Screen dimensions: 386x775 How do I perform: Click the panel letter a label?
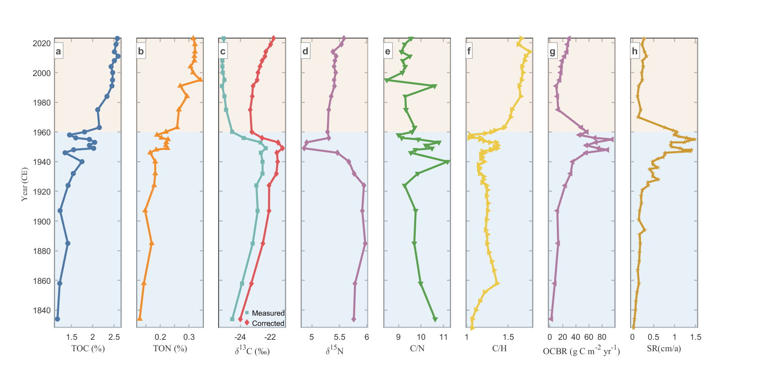point(59,51)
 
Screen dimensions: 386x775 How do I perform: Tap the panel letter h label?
point(635,51)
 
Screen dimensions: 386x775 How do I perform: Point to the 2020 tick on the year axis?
point(42,43)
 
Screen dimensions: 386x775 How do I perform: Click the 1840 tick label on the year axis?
point(42,310)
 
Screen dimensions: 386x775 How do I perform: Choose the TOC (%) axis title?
point(88,348)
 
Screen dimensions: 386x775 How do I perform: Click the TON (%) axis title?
point(170,348)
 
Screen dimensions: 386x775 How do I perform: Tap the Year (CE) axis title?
point(25,184)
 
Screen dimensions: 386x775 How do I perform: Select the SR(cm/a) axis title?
point(664,348)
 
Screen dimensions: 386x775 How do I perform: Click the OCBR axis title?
point(581,351)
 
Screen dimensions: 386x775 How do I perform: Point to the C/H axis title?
point(499,348)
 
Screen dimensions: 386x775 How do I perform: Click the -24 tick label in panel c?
point(240,337)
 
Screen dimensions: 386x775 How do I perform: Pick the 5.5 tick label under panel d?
point(340,337)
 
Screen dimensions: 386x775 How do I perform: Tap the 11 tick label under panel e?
point(444,337)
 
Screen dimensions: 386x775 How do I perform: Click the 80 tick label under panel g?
point(602,337)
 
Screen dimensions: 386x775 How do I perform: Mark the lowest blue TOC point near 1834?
point(57,319)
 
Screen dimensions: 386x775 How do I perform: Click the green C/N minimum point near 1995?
point(386,80)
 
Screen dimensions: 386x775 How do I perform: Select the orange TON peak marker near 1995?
point(201,80)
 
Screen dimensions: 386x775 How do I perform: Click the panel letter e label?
point(387,51)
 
